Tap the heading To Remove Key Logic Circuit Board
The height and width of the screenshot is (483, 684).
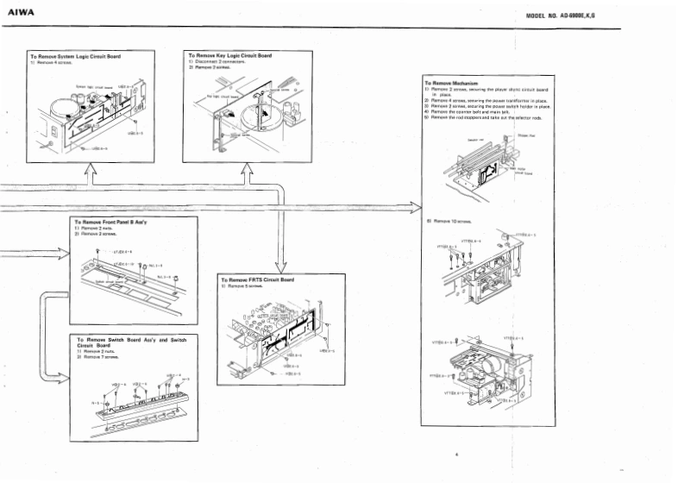[x=229, y=55]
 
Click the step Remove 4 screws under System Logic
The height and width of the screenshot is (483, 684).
[x=55, y=62]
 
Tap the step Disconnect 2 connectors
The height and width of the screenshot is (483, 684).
[x=221, y=61]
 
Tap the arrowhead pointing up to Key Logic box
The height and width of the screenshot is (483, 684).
[x=246, y=172]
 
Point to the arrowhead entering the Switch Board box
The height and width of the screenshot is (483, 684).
[x=62, y=376]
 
